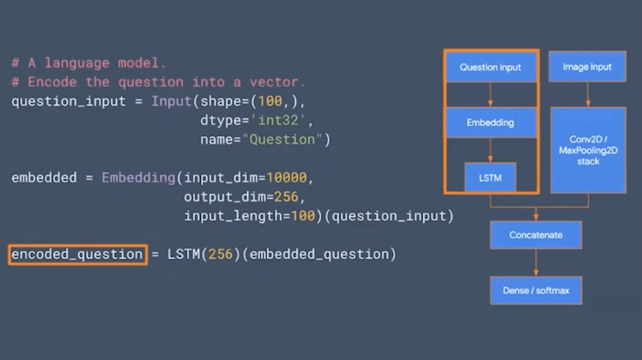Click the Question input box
pos(490,67)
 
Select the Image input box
pos(587,67)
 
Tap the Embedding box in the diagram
pos(490,122)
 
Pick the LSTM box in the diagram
pos(490,178)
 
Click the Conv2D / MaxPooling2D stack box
pos(588,150)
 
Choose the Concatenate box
pos(536,235)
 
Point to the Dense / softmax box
pos(536,290)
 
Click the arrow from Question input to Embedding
pos(490,94)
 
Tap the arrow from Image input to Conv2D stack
pos(588,94)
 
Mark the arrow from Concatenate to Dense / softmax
pos(536,262)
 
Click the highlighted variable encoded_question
pos(77,254)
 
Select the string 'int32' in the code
pos(278,121)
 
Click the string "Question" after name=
pos(282,140)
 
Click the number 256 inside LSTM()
pos(221,254)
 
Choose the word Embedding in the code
pos(138,178)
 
